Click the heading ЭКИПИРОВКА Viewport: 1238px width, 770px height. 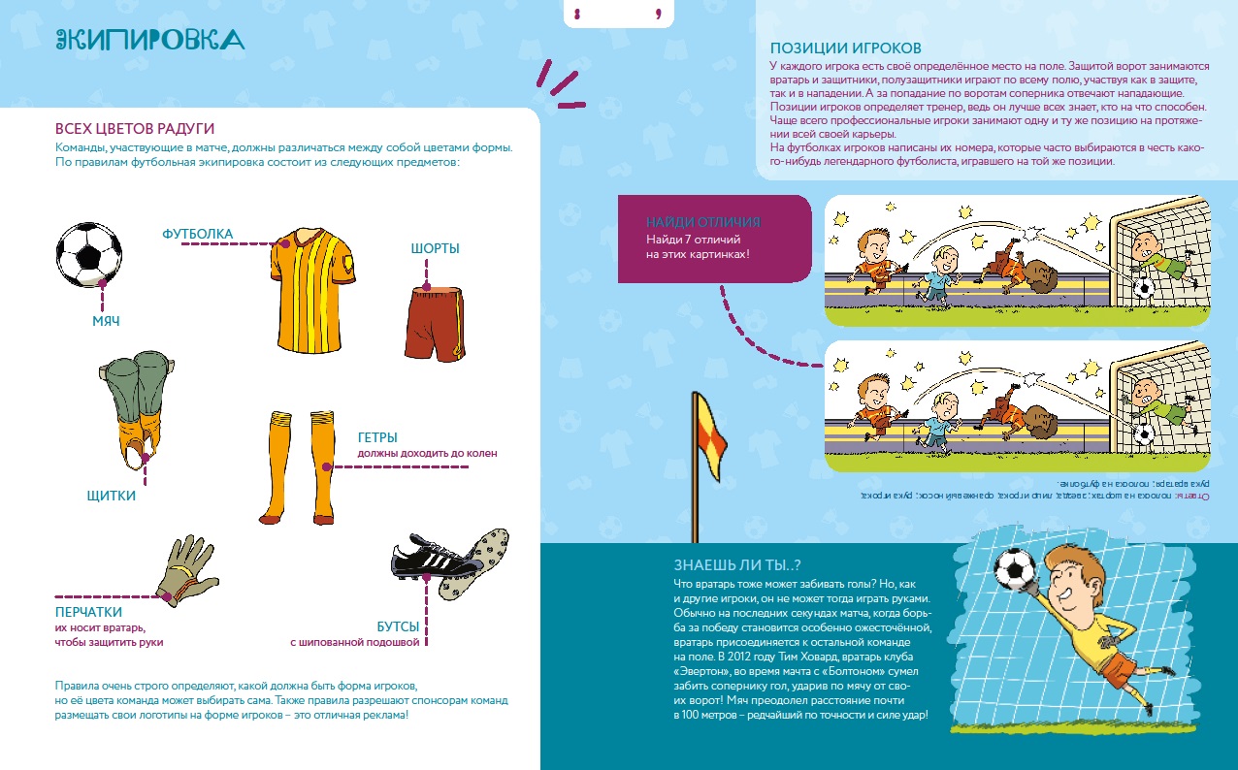pyautogui.click(x=149, y=39)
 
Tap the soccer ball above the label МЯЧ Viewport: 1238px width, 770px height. pyautogui.click(x=90, y=255)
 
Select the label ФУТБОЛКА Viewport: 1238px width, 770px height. pyautogui.click(x=198, y=234)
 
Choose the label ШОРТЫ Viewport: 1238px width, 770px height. pyautogui.click(x=435, y=249)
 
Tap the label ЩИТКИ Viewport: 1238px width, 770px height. pyautogui.click(x=111, y=497)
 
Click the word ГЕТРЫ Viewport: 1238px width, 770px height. pyautogui.click(x=377, y=437)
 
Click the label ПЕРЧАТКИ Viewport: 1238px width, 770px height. pyautogui.click(x=88, y=612)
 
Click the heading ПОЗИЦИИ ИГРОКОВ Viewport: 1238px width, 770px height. pyautogui.click(x=845, y=48)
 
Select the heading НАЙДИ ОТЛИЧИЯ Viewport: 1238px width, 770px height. pyautogui.click(x=702, y=222)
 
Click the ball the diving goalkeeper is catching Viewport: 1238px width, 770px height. pyautogui.click(x=1015, y=570)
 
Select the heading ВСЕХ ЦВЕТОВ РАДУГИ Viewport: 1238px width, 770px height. pyautogui.click(x=135, y=129)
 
